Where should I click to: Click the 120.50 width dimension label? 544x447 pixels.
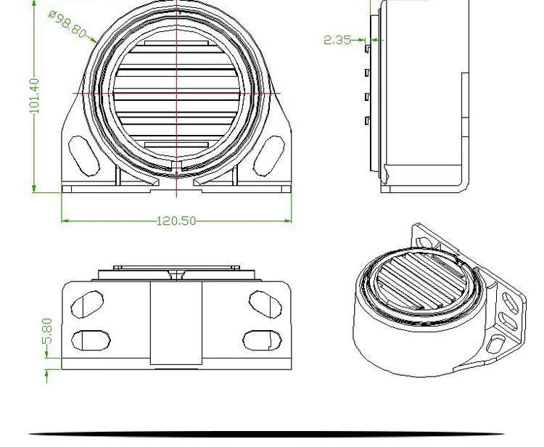pyautogui.click(x=176, y=221)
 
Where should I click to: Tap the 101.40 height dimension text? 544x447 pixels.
pyautogui.click(x=35, y=96)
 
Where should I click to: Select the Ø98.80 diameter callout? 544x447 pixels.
pyautogui.click(x=67, y=24)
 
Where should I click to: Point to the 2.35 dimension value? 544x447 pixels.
pyautogui.click(x=337, y=40)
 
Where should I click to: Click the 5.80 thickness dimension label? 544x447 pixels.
pyautogui.click(x=48, y=331)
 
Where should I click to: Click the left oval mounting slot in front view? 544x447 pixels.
pyautogui.click(x=84, y=156)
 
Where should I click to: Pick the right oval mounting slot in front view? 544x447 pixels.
pyautogui.click(x=269, y=156)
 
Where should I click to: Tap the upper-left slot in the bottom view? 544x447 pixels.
pyautogui.click(x=87, y=304)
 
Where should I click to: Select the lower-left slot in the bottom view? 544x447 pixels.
pyautogui.click(x=91, y=340)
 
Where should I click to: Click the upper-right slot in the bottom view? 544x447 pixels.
pyautogui.click(x=265, y=304)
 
